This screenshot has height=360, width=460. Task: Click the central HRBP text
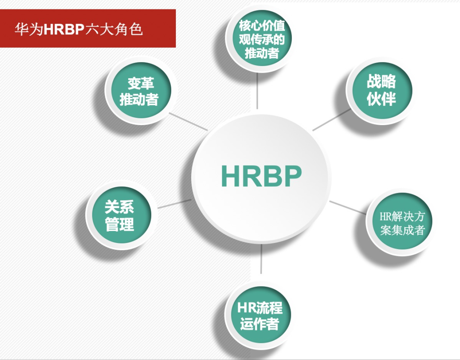tap(261, 175)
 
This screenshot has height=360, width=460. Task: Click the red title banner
tap(87, 28)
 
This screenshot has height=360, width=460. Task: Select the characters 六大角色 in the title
tap(114, 30)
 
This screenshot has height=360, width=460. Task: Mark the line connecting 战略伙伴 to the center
tap(332, 120)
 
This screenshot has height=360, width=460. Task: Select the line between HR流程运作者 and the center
tap(261, 259)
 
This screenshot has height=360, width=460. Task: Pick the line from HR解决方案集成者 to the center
tap(347, 207)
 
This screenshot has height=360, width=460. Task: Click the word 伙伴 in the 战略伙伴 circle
tap(381, 99)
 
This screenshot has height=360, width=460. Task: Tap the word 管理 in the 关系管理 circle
tap(119, 224)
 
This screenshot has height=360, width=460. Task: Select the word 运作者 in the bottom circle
tap(259, 324)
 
